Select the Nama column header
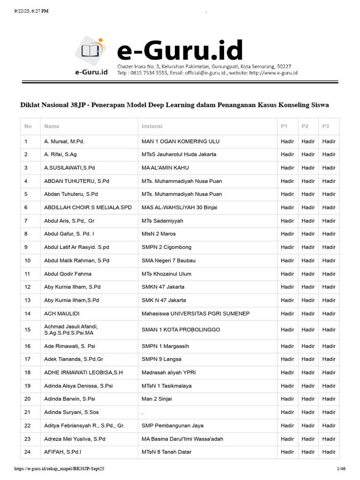tap(52, 127)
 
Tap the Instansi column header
tap(152, 127)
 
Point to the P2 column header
tap(305, 127)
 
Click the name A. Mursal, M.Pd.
tap(64, 141)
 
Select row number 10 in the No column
tap(28, 261)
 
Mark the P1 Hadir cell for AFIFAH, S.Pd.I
tap(287, 452)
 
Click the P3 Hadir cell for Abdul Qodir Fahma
tap(329, 274)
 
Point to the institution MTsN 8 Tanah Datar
tap(166, 452)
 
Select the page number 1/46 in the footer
tap(341, 468)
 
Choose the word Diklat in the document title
tap(30, 105)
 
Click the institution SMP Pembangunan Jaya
tap(172, 426)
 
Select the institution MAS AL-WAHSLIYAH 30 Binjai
tap(180, 207)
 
